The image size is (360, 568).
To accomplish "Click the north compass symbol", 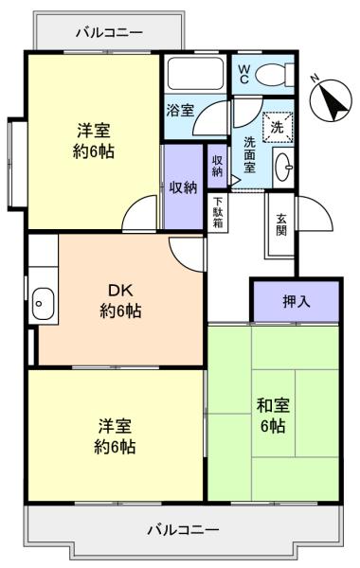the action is [x=331, y=100].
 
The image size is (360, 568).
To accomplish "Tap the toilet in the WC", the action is [x=275, y=75].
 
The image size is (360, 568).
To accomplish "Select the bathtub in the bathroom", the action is [x=195, y=73].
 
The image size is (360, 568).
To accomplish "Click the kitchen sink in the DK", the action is [x=43, y=304].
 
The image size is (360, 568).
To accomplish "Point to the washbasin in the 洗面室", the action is [x=283, y=167].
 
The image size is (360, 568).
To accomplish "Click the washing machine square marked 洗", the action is [x=278, y=127].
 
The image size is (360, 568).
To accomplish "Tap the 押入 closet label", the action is [x=297, y=301].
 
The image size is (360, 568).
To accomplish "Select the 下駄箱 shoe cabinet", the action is [x=218, y=212].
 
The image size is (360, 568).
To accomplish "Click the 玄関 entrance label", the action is [x=281, y=224].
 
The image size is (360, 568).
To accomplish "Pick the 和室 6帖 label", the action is [x=273, y=416].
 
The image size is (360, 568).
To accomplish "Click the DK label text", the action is [x=120, y=290].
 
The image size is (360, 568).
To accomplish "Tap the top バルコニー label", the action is [x=109, y=33].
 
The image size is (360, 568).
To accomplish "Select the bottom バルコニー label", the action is [x=183, y=530].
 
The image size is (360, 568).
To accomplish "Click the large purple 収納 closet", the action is [x=184, y=186].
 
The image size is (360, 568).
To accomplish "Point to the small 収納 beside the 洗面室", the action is [x=217, y=167].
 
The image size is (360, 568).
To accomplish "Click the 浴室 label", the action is [x=180, y=110].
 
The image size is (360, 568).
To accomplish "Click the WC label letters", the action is [x=243, y=74].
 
